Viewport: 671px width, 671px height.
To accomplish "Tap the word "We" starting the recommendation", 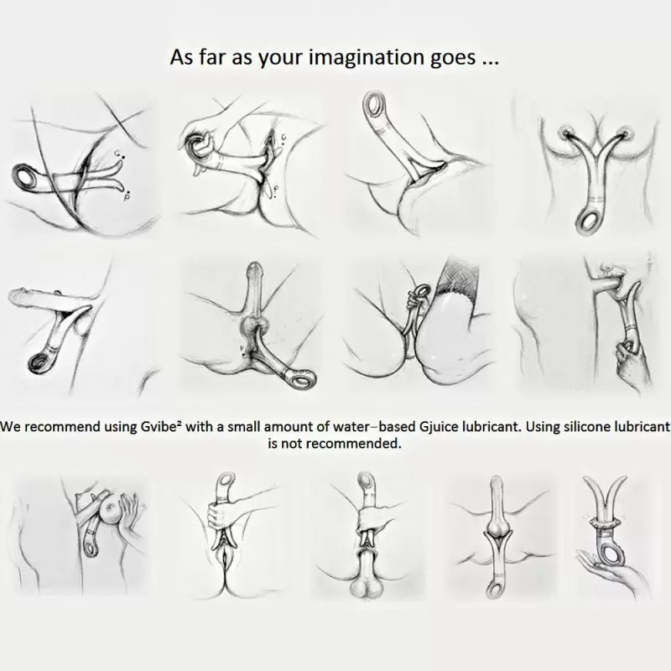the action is coord(10,427).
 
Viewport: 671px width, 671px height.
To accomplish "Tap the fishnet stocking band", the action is coord(459,278).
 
